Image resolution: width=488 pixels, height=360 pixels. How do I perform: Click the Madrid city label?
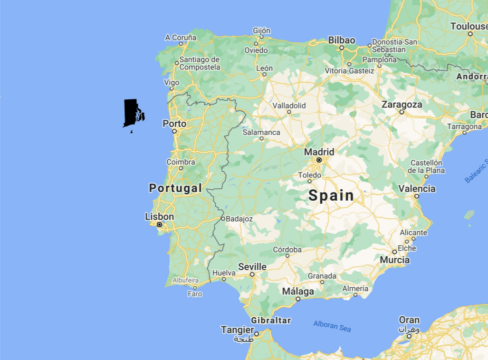319,152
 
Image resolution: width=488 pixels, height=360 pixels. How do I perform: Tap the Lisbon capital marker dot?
160,224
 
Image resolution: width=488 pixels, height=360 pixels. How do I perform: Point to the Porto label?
174,124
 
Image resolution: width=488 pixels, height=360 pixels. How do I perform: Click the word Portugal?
176,188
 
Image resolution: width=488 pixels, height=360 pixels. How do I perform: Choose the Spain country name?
331,195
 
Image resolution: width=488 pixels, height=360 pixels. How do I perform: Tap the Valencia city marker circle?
417,196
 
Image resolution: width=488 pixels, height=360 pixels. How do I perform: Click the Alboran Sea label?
332,326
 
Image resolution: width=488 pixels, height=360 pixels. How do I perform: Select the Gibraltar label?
271,321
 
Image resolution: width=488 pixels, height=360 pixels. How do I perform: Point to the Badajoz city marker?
223,219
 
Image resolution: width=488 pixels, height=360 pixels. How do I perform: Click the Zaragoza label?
402,105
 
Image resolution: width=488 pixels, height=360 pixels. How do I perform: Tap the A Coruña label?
181,37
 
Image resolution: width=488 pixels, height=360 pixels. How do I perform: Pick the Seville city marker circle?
252,274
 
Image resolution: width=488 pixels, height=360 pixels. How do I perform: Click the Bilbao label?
342,40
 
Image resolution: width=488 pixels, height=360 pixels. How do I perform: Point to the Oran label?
409,320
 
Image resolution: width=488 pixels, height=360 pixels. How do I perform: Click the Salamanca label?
261,132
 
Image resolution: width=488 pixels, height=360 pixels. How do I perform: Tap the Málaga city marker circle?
298,299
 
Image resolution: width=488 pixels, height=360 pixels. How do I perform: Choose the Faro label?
195,294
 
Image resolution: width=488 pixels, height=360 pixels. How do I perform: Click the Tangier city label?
237,330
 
